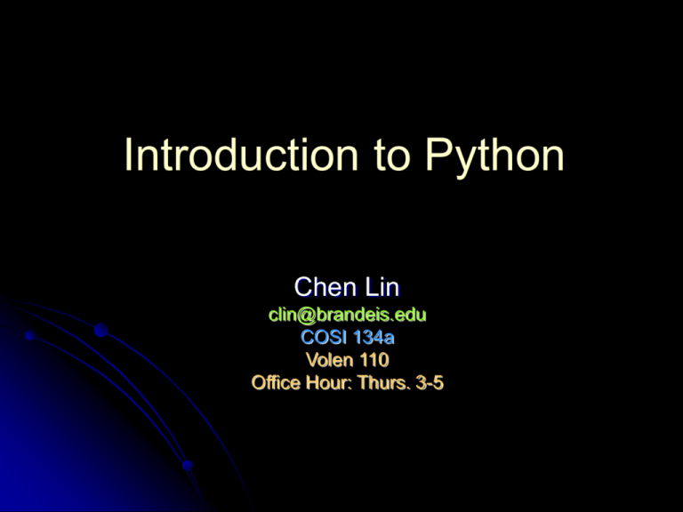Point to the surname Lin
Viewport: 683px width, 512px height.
380,287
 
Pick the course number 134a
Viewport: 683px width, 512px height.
374,338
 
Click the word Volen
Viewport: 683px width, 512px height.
327,361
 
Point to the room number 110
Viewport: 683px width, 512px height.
374,361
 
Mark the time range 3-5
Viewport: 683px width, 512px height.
430,384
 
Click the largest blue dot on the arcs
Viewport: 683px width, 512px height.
100,332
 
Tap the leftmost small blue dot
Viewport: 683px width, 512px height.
29,336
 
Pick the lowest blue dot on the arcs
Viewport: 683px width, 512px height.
186,465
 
